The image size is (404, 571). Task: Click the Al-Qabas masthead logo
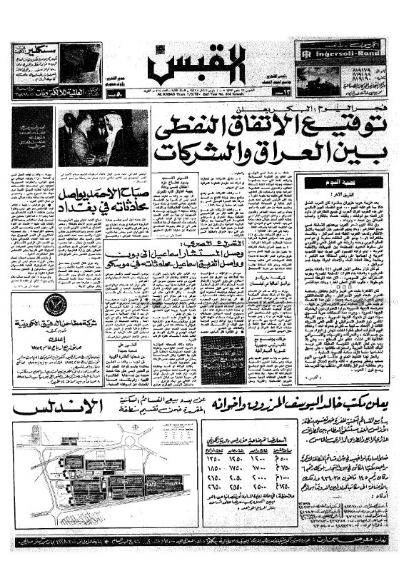point(198,64)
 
